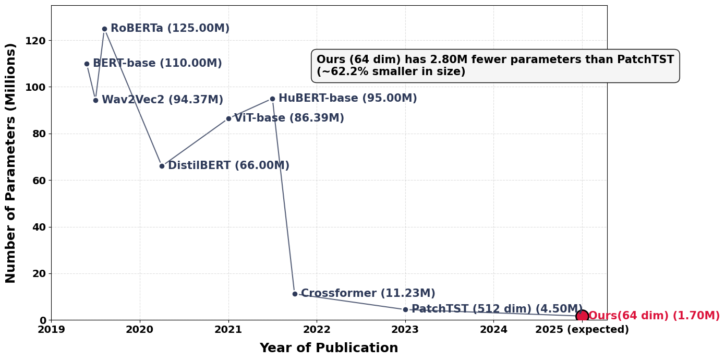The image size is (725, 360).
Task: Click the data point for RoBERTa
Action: [104, 29]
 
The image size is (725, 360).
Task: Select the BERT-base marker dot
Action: [87, 64]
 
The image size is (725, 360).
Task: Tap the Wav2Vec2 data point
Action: [95, 100]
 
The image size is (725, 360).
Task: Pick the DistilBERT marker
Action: [162, 166]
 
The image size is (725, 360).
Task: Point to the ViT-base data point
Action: [228, 118]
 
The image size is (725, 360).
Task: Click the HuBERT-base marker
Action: [272, 99]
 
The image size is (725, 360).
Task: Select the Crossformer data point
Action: [295, 294]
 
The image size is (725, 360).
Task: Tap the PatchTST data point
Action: [405, 309]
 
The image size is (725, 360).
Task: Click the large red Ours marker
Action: [582, 316]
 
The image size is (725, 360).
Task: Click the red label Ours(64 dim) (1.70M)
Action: [654, 316]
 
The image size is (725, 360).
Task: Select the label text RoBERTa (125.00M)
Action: [170, 29]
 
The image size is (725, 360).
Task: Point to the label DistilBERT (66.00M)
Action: [228, 166]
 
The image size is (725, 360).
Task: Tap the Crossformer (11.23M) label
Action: [368, 294]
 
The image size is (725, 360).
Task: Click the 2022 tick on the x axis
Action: [317, 330]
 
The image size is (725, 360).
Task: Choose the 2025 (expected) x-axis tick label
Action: [582, 330]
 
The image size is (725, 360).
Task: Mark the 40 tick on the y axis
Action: [39, 227]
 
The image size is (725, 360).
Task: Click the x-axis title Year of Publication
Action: [329, 348]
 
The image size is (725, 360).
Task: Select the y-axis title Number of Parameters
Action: [11, 163]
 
